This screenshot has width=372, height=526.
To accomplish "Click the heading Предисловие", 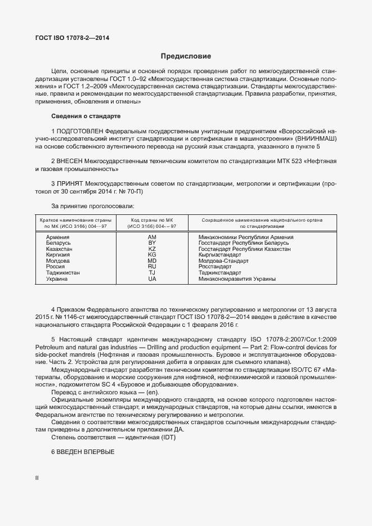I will pyautogui.click(x=186, y=56).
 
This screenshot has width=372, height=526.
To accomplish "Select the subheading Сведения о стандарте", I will pyautogui.click(x=86, y=116).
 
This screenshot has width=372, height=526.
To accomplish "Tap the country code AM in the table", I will pyautogui.click(x=151, y=237).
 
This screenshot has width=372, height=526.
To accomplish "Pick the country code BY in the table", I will pyautogui.click(x=151, y=243).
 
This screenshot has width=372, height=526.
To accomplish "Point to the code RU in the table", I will pyautogui.click(x=151, y=267).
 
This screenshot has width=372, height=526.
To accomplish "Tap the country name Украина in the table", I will pyautogui.click(x=57, y=278).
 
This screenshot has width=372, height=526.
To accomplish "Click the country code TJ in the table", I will pyautogui.click(x=151, y=273).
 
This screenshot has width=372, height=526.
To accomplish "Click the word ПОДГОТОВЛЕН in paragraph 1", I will pyautogui.click(x=83, y=131).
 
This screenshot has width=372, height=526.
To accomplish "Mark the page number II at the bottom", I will pyautogui.click(x=37, y=478).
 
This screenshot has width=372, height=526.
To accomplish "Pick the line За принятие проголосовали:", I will pyautogui.click(x=93, y=206).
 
